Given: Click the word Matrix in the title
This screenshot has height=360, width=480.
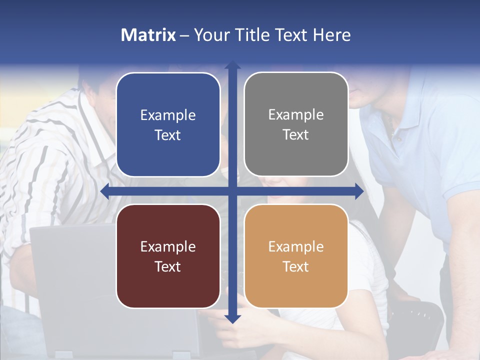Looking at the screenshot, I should (148, 35).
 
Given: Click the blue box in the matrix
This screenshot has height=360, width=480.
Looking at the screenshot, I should (168, 124).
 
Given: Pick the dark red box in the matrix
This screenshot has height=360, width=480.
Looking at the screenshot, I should (168, 256).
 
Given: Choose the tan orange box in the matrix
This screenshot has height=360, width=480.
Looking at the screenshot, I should (296, 256).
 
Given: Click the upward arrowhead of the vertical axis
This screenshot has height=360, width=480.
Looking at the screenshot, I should (232, 64).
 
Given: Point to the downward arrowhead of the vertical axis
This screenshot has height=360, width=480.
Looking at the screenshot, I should (232, 318).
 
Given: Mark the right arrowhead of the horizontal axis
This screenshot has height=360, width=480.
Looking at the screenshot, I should (359, 191).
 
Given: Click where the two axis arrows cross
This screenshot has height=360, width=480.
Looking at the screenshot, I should (232, 191).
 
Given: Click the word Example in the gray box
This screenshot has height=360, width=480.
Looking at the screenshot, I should (296, 114).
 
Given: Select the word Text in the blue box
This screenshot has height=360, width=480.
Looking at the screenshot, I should (168, 135).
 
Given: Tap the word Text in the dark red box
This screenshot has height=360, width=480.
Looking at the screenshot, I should (168, 266).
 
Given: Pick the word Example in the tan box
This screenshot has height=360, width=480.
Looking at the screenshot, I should (296, 246).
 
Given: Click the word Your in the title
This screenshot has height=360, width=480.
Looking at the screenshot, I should (210, 35).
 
